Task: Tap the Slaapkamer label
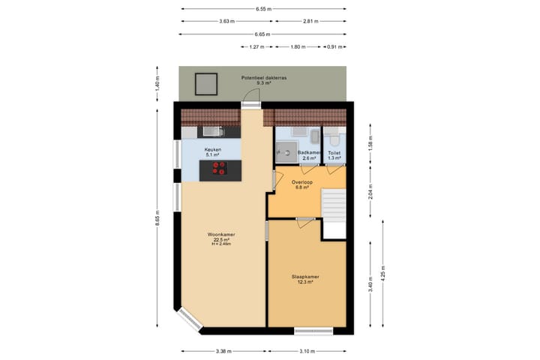(x=305, y=277)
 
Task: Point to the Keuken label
(x=213, y=150)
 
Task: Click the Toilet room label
(x=334, y=153)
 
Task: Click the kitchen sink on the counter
(x=209, y=132)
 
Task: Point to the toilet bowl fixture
(x=334, y=139)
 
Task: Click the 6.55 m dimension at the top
(x=262, y=9)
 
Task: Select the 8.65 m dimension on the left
(x=157, y=221)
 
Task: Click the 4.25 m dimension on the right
(x=382, y=270)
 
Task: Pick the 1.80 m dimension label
(x=298, y=47)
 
